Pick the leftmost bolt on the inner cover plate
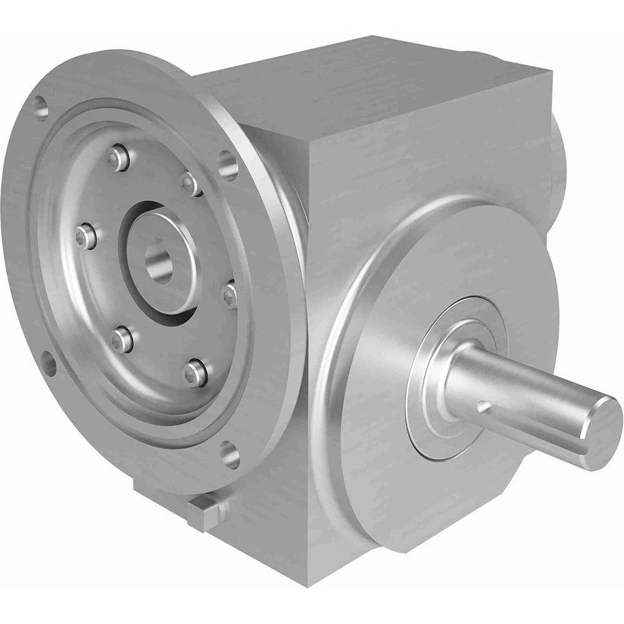click(x=84, y=236)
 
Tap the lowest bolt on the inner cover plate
click(x=195, y=372)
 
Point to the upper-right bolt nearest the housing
click(x=190, y=182)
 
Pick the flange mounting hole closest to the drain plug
click(x=230, y=454)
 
